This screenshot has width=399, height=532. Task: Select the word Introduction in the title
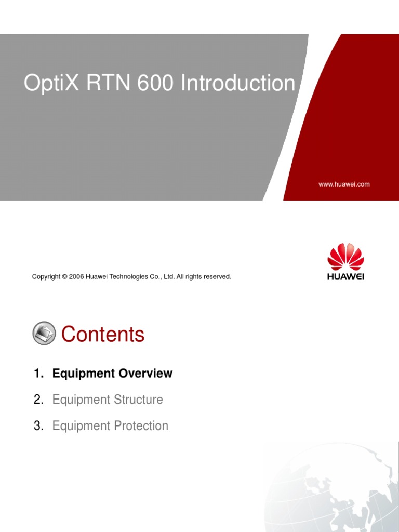coord(238,84)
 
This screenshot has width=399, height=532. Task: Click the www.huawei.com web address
coord(344,184)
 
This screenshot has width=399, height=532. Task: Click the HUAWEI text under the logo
coord(345,276)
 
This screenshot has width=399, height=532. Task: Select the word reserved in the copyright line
coord(218,277)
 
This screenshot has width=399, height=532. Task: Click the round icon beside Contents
coord(44,334)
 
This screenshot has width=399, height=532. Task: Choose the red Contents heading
coord(103,334)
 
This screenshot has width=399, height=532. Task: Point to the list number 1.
coord(37,374)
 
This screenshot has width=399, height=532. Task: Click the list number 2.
coord(37,400)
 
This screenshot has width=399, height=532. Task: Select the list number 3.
coord(37,426)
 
